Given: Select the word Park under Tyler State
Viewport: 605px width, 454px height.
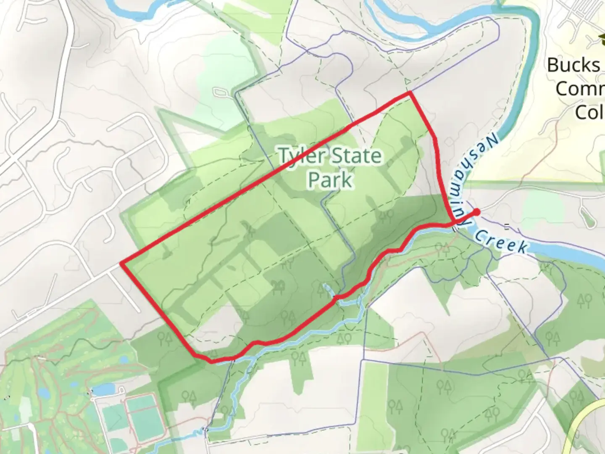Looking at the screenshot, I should point(330,180).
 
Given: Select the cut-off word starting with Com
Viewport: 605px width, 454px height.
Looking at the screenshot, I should point(580,89).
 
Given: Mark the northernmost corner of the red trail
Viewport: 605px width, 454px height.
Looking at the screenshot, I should point(410,94).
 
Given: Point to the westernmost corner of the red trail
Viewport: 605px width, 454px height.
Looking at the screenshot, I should point(122,263).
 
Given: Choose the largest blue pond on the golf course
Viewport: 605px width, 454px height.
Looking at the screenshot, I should point(103,389).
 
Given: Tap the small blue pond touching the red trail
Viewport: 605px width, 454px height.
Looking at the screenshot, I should point(328,289).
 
